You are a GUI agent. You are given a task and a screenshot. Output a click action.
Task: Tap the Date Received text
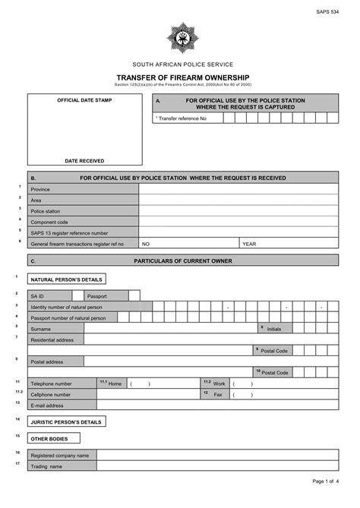click(84, 160)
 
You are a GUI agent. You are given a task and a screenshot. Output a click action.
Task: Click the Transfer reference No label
click(182, 118)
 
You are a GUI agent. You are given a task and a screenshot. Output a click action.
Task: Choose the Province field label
click(40, 189)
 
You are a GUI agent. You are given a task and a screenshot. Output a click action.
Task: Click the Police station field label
click(46, 211)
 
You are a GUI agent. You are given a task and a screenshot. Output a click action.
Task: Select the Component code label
click(49, 222)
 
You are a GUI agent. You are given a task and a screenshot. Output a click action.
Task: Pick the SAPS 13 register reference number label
click(69, 233)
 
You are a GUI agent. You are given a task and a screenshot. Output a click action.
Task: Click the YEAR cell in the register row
click(249, 244)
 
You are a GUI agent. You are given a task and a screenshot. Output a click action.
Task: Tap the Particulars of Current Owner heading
click(182, 260)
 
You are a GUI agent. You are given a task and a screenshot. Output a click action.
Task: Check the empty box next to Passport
click(134, 295)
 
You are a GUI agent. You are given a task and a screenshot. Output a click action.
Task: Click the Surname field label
click(41, 329)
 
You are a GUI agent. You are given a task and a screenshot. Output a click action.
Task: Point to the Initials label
click(273, 329)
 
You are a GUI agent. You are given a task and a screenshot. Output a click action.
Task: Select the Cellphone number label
click(51, 395)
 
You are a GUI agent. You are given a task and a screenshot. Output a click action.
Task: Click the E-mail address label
click(47, 405)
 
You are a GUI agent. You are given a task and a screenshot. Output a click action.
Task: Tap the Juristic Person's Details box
click(66, 421)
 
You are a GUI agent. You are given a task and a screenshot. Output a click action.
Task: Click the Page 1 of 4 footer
click(326, 481)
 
